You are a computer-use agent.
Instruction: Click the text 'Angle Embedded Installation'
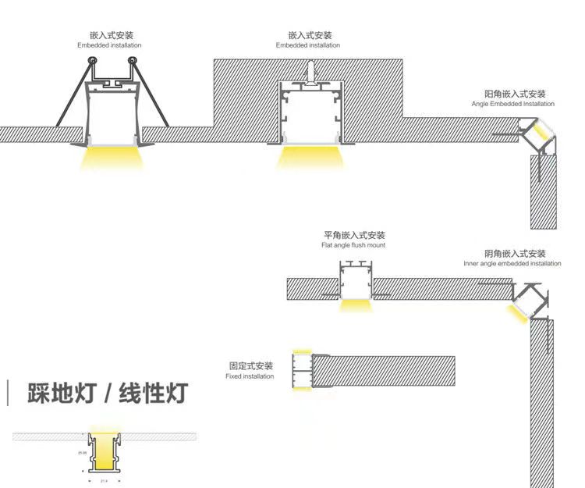pos(512,104)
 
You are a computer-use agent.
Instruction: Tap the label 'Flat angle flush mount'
pos(353,245)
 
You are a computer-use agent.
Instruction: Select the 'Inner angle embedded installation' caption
pos(512,264)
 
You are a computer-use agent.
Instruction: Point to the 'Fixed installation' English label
pos(250,376)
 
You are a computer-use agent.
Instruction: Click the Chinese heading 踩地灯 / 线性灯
pos(108,393)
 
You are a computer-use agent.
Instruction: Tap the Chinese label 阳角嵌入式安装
pos(514,94)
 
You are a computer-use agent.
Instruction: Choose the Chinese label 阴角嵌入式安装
pos(515,254)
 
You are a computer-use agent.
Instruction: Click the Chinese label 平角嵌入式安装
pos(354,235)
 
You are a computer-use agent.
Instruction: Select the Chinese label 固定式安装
pos(251,365)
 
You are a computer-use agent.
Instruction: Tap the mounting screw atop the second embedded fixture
pos(309,71)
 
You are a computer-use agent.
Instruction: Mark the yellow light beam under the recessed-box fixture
pos(309,157)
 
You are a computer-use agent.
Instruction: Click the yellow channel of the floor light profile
pos(101,454)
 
